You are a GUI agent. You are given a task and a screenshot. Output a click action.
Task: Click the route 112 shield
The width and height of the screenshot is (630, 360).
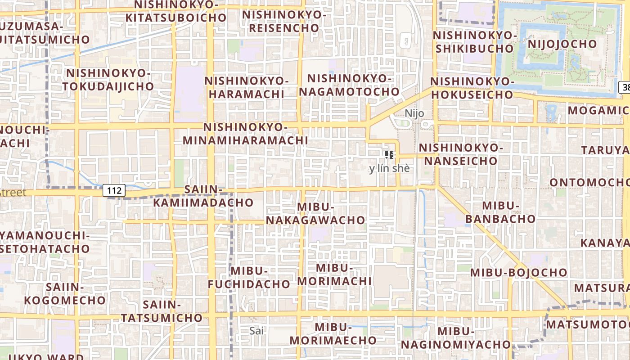point(114,190)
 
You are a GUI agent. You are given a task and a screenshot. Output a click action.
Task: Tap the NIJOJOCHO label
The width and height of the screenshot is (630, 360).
point(562,44)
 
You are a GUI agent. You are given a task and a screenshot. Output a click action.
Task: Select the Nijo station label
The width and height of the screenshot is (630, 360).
point(414,113)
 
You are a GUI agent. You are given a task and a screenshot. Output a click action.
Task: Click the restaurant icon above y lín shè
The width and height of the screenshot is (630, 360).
point(390,155)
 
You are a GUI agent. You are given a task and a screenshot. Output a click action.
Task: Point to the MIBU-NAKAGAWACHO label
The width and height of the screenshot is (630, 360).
point(315,213)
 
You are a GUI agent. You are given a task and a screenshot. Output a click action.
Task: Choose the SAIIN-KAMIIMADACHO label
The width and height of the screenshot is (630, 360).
point(203,196)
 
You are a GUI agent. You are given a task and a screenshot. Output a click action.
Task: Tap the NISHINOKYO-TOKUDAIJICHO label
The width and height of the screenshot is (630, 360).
point(108,80)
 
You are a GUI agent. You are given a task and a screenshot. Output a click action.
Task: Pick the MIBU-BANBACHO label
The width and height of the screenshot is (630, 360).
point(500,212)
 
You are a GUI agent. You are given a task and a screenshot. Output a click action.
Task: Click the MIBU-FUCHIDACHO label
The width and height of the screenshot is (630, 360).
point(249,278)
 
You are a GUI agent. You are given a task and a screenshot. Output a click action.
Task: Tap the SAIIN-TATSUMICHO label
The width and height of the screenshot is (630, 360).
point(162,311)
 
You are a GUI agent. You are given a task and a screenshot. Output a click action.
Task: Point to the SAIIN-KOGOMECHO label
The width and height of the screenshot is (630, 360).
point(65,293)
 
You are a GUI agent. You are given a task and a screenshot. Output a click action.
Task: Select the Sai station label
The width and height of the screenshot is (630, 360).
point(256,331)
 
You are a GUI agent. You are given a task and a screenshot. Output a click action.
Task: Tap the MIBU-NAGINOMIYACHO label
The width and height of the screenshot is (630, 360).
point(456,338)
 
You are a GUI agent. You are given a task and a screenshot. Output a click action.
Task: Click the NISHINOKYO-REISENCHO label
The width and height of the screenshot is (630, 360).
point(284,21)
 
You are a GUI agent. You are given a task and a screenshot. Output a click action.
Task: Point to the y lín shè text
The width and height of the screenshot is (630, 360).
point(389,169)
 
